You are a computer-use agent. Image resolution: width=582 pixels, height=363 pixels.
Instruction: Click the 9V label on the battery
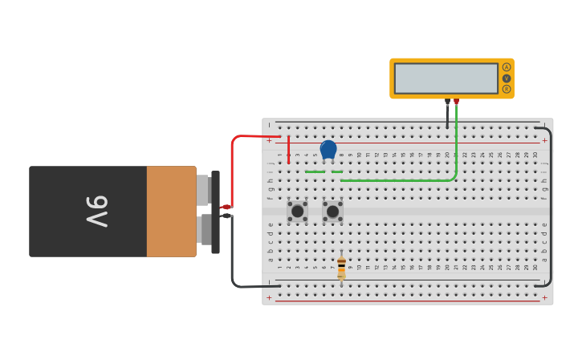click(x=96, y=212)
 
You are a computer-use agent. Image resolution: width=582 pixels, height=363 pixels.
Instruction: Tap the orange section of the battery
click(x=171, y=212)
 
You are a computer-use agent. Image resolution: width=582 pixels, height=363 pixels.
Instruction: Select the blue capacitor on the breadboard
click(x=328, y=149)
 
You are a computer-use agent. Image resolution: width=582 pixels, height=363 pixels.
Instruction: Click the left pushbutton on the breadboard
click(x=298, y=212)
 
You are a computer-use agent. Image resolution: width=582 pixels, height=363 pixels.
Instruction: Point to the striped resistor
click(x=341, y=268)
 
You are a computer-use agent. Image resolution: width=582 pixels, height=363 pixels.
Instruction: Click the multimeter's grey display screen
click(x=446, y=79)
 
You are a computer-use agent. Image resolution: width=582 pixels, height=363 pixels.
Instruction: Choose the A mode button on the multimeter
click(x=507, y=67)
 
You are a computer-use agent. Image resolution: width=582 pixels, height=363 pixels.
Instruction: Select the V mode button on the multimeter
click(x=507, y=79)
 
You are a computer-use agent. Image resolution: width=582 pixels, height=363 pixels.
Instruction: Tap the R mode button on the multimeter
click(x=507, y=89)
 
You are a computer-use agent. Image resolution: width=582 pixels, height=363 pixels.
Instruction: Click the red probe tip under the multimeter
click(x=456, y=102)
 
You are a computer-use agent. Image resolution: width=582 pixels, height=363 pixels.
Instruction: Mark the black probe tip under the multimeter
click(x=447, y=103)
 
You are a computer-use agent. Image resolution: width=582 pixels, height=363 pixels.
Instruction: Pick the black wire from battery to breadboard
click(x=233, y=256)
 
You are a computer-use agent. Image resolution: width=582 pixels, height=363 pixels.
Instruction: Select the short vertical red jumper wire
click(x=288, y=150)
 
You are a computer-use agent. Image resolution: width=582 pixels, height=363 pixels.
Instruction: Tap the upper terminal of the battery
click(x=203, y=190)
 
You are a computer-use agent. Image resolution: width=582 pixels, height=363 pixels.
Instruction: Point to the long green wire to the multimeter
click(x=401, y=180)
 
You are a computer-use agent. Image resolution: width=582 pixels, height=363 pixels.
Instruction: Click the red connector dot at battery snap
click(x=226, y=207)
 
